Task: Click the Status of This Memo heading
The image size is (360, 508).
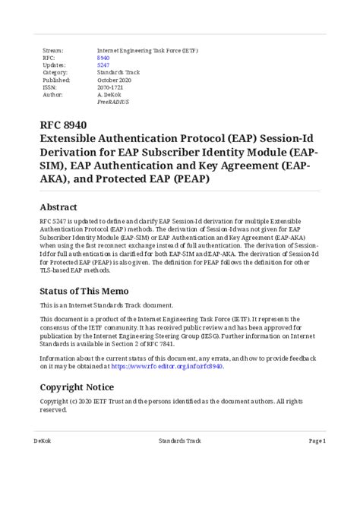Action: coord(89,291)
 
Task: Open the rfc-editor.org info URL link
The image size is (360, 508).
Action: coord(166,365)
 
